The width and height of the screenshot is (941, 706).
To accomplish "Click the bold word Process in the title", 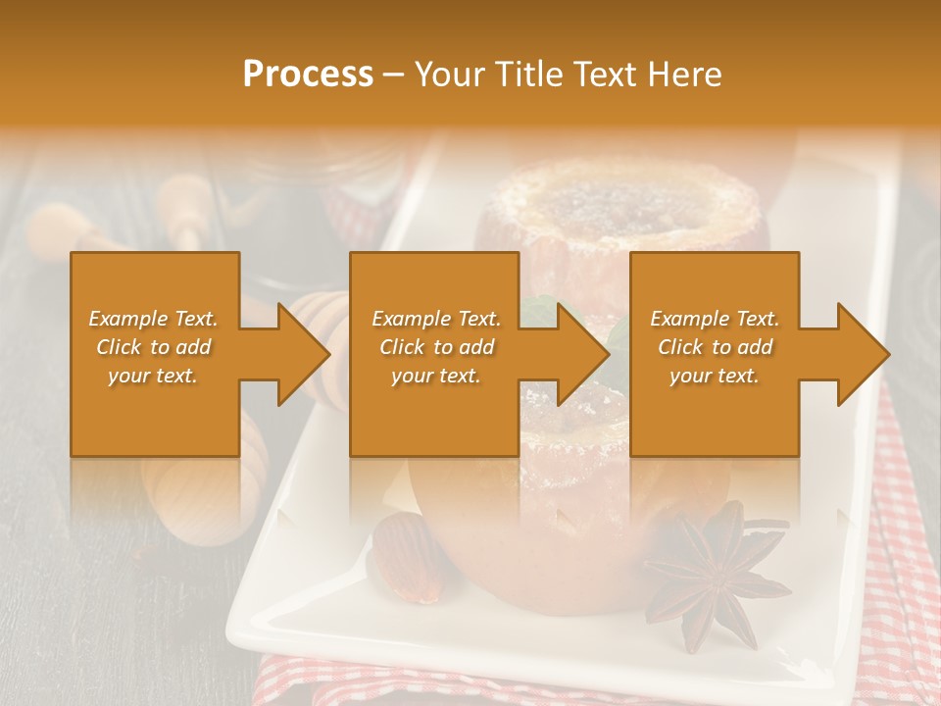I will point(308,74).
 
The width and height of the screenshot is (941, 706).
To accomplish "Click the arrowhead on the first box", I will point(304,354).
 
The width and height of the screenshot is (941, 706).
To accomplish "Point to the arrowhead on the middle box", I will point(584,354).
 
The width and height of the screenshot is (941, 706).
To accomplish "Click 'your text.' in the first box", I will point(153,376).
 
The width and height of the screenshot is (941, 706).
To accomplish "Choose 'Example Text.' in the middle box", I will point(436,319).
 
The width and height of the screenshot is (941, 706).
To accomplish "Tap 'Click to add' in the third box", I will point(716,347).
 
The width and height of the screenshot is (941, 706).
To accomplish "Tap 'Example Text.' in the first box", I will point(153,319).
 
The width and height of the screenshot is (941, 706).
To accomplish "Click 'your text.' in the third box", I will point(715,376).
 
